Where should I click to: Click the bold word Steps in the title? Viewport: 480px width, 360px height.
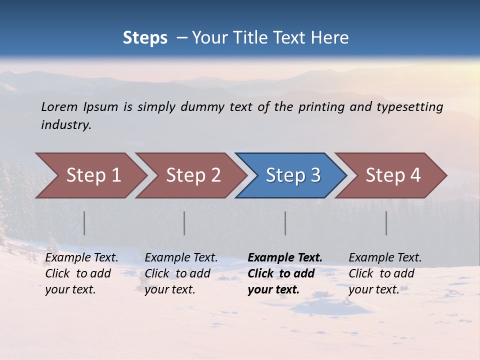click(145, 38)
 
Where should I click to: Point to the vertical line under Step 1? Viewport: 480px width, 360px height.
click(84, 223)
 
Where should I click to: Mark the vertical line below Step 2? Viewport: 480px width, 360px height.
click(184, 223)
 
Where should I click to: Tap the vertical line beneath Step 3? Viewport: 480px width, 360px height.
click(285, 223)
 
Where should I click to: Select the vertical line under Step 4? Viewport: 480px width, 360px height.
click(386, 223)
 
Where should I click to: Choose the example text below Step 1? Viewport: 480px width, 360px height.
click(81, 273)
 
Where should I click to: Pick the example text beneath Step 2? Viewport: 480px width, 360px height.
click(181, 273)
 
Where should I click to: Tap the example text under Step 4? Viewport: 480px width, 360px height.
click(385, 273)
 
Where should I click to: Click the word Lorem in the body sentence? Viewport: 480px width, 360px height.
click(59, 107)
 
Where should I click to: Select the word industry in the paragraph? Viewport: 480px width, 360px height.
click(65, 125)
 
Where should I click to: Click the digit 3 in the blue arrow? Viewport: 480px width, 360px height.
click(315, 175)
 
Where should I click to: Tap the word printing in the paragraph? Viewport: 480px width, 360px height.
click(321, 107)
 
